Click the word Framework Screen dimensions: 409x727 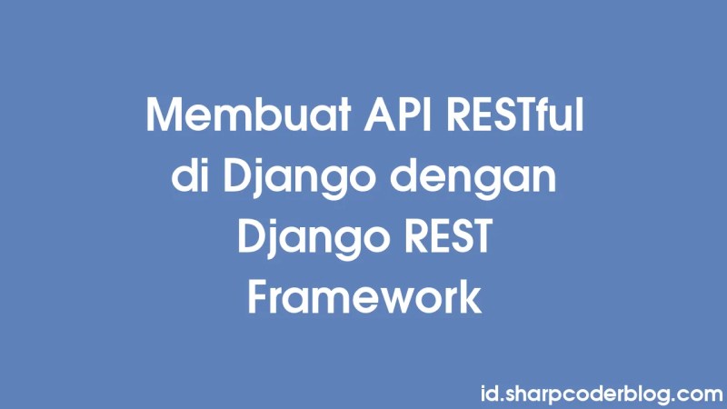point(363,297)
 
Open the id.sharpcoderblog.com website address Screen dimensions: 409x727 point(600,394)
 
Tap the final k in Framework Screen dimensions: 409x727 point(470,297)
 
